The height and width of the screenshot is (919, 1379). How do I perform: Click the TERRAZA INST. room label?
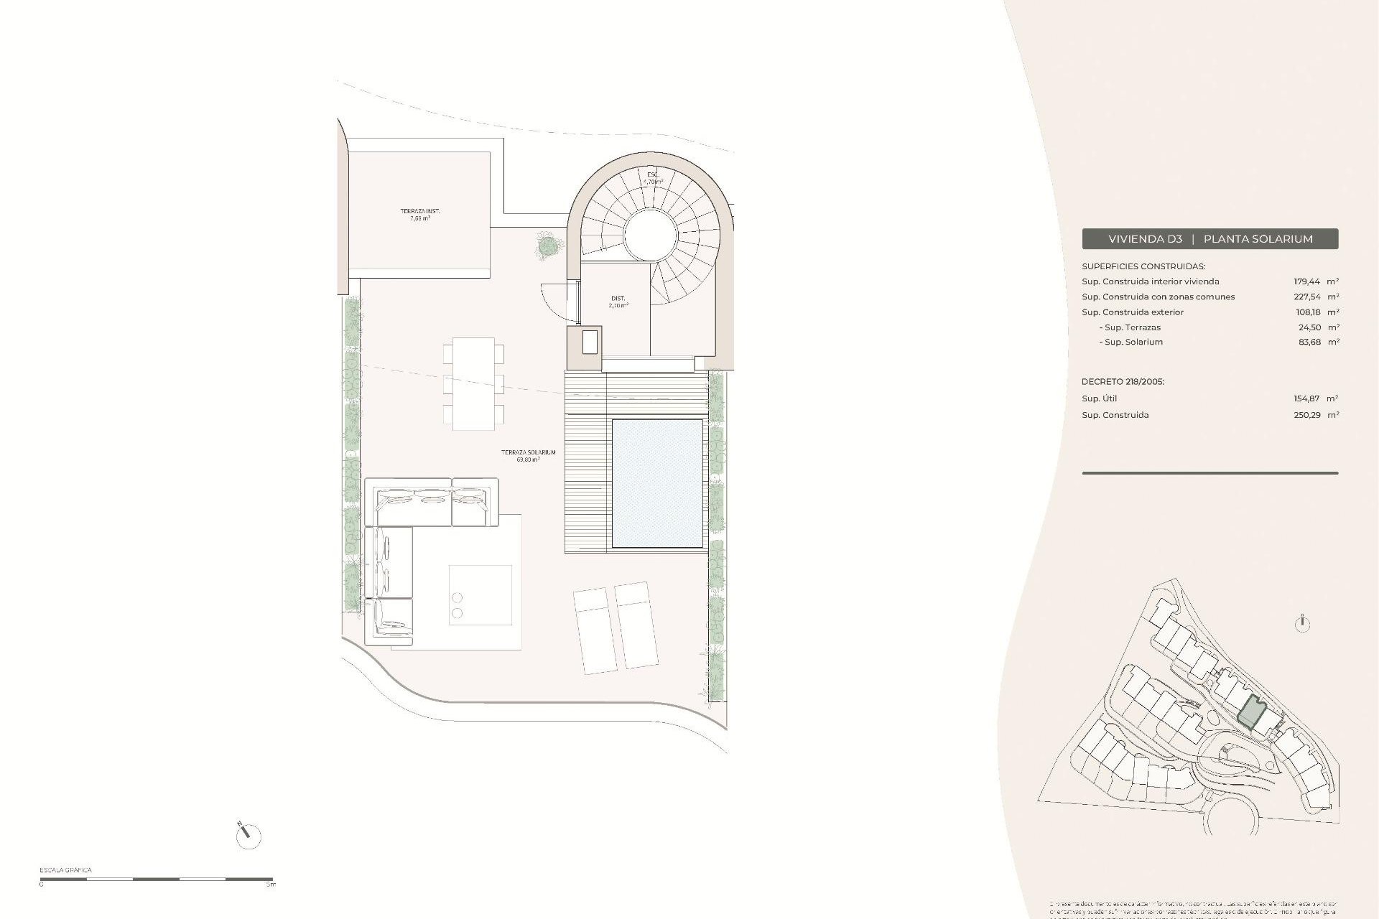(x=420, y=211)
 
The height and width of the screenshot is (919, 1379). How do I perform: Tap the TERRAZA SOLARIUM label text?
(x=529, y=452)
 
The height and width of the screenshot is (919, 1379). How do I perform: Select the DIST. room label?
(x=618, y=298)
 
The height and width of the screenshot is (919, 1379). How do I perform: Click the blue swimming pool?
(x=656, y=483)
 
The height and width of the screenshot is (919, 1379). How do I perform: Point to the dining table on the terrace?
(x=473, y=383)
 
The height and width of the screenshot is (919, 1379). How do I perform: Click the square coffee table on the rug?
(x=480, y=594)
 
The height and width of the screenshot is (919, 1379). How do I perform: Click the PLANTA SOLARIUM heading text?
(x=1258, y=239)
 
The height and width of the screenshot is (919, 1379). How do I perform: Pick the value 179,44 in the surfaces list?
(x=1306, y=281)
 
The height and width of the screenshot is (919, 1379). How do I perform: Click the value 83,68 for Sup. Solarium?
(x=1306, y=342)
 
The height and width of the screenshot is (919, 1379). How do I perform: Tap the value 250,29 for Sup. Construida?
(x=1306, y=415)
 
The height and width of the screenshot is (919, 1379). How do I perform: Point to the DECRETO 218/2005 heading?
(x=1123, y=382)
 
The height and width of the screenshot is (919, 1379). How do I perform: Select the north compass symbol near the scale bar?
(x=248, y=836)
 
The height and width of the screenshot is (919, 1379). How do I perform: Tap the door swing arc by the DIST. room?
(x=556, y=300)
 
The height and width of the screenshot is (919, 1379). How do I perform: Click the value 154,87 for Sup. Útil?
(x=1306, y=398)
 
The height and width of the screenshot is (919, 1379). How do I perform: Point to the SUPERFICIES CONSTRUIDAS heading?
(x=1143, y=266)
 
